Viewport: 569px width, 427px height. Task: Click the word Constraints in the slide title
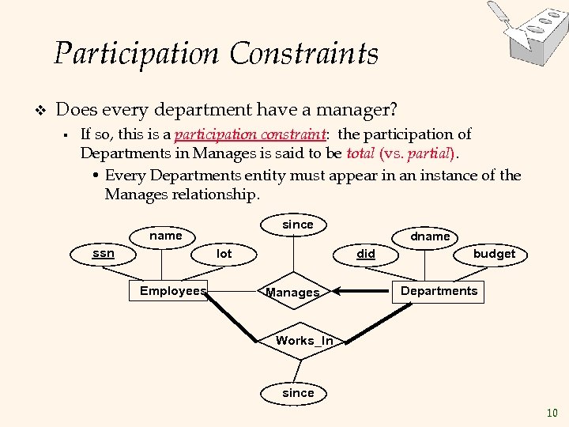coord(304,54)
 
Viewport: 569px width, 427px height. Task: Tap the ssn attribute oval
coord(103,254)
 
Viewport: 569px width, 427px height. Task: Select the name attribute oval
coord(166,236)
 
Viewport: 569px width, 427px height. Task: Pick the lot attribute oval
coord(224,254)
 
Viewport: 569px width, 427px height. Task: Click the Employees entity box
coord(172,291)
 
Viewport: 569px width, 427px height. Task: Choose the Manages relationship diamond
coord(293,293)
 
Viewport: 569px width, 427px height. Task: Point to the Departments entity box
coord(439,291)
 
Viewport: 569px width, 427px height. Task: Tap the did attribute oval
coord(366,254)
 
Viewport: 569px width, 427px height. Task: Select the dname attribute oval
coord(430,236)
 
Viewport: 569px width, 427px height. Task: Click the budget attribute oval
coord(494,254)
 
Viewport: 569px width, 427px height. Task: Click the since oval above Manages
coord(298,225)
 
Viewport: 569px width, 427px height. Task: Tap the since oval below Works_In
coord(298,393)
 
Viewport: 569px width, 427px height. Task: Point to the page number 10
coord(552,413)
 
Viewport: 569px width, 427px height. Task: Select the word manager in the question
coord(357,108)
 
